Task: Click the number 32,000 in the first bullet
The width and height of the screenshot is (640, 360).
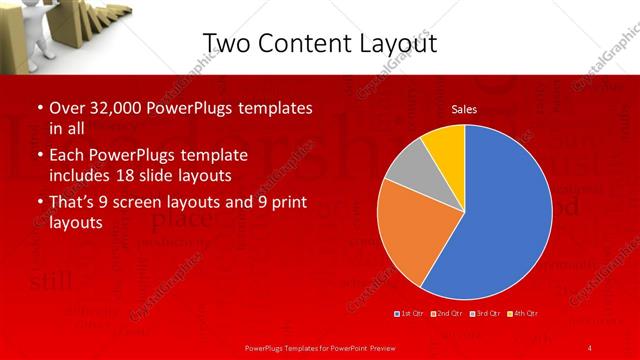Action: pyautogui.click(x=108, y=107)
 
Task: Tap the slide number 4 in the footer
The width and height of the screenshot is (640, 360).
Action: pyautogui.click(x=589, y=347)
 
